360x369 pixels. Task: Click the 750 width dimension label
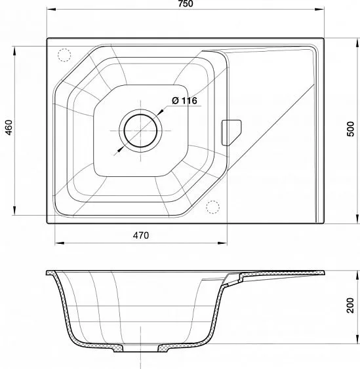[x=186, y=3]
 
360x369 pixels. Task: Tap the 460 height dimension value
[x=9, y=128]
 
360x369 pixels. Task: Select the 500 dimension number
[x=351, y=128]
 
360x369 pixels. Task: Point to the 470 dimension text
[x=141, y=235]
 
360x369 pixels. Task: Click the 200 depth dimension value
[x=351, y=305]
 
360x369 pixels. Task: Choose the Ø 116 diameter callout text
[x=184, y=101]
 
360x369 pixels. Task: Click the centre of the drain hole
[x=140, y=130]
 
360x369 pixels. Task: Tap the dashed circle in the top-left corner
[x=64, y=55]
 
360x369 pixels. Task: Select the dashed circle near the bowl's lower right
[x=213, y=207]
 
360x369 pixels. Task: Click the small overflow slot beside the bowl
[x=231, y=132]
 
